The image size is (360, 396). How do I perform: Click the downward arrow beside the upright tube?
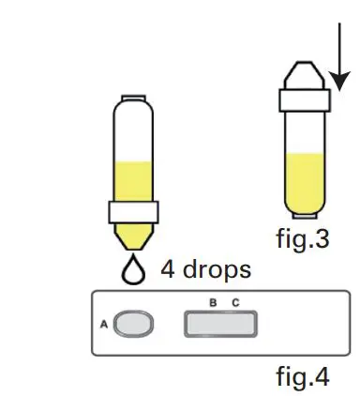[338, 56]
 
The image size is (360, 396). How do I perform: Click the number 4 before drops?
[170, 270]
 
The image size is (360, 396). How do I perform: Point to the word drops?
[217, 270]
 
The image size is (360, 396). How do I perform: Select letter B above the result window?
[213, 301]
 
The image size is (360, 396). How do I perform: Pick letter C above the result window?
[236, 301]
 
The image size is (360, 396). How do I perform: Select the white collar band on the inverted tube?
[132, 211]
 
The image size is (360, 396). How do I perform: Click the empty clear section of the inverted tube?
[132, 131]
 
